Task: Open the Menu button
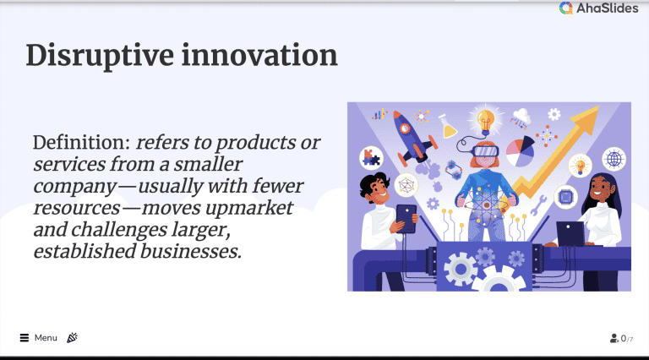39,338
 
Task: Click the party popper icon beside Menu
73,338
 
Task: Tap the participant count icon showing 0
614,339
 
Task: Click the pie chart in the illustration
521,150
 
